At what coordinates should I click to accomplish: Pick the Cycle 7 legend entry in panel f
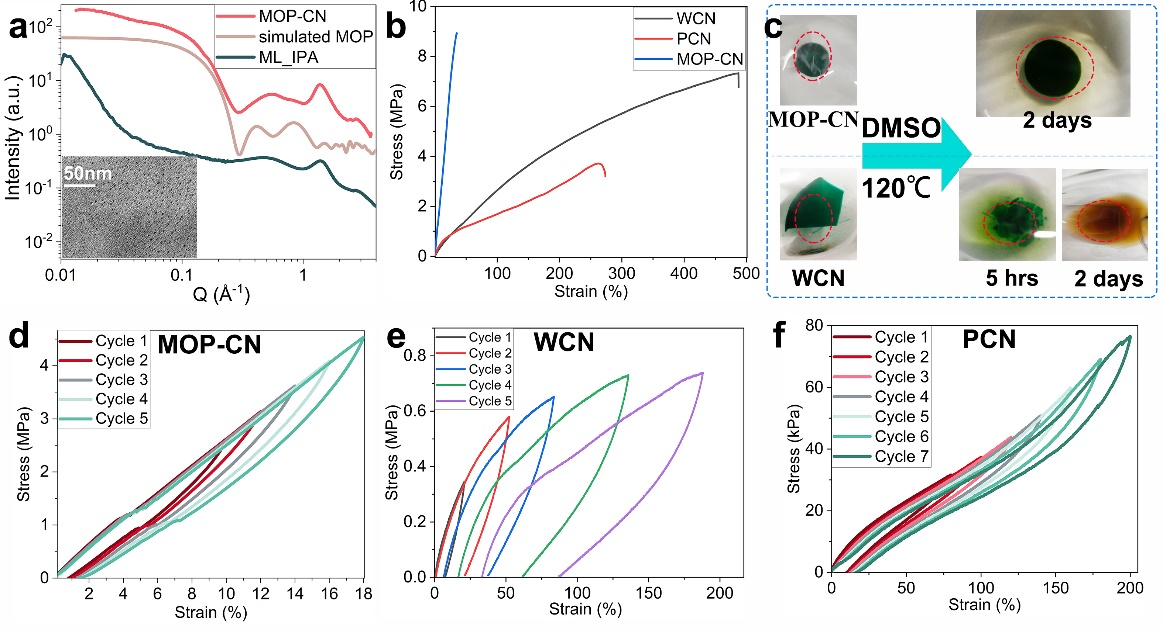[900, 457]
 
